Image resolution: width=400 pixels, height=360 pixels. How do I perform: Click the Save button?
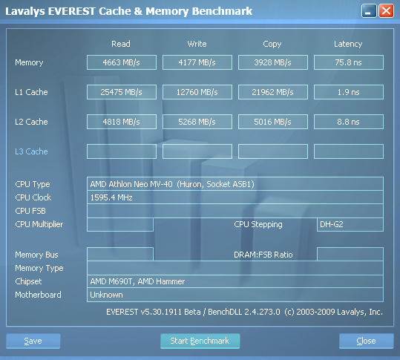tap(33, 341)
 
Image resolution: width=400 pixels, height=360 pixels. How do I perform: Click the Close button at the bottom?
tap(367, 341)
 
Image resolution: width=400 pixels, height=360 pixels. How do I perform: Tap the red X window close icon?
tap(386, 11)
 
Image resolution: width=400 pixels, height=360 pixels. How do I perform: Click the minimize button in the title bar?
tap(369, 11)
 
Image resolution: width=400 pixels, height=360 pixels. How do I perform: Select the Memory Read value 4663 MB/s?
tap(122, 62)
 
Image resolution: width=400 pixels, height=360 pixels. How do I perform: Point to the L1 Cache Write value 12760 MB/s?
tap(197, 92)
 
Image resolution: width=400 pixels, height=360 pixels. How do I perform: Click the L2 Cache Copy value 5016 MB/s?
tap(272, 122)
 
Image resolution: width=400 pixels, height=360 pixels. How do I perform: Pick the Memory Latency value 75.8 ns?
tap(349, 62)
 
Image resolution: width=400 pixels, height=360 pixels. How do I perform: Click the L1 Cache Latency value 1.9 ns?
tap(349, 92)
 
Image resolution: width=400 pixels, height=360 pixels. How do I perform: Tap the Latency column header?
tap(348, 44)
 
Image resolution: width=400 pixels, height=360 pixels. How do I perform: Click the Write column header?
tap(197, 44)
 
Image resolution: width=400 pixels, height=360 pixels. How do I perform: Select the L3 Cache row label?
tap(31, 151)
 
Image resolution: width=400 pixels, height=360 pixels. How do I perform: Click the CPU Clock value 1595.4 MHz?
tap(111, 197)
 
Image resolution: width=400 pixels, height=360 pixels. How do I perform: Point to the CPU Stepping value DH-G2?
tap(332, 224)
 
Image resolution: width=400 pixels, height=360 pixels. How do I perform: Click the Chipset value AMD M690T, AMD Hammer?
tap(137, 281)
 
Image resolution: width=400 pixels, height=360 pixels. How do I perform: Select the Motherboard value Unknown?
tap(106, 295)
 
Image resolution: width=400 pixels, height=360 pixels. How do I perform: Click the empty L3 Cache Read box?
tap(122, 151)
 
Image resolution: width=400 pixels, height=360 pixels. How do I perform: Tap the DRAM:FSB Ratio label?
tap(263, 255)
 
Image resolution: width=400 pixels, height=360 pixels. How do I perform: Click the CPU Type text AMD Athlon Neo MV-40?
tap(131, 184)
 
